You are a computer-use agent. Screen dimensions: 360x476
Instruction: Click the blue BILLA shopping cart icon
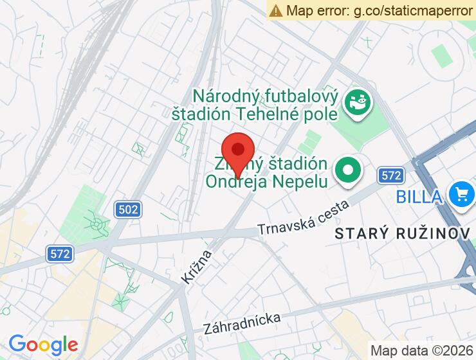point(461,194)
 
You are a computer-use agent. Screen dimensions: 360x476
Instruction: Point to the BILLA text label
point(419,195)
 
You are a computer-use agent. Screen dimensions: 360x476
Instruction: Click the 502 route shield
point(129,209)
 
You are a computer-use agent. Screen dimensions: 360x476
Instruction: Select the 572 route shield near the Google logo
point(59,253)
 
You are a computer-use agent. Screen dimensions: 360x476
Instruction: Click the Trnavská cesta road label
point(303,219)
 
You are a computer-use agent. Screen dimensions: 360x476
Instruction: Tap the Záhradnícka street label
point(242,323)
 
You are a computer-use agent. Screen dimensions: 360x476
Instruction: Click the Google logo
point(43,344)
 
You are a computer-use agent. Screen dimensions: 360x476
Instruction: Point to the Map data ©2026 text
point(421,350)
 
